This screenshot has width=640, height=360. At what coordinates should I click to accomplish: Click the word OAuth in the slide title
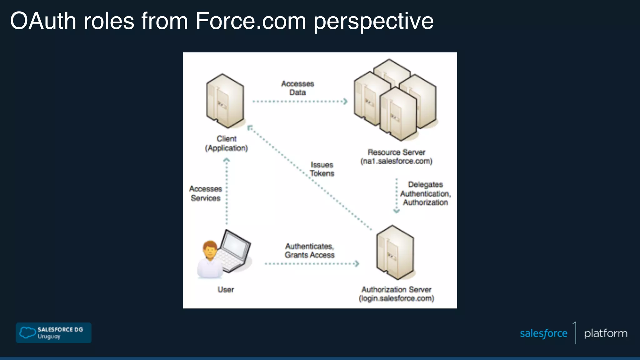[43, 21]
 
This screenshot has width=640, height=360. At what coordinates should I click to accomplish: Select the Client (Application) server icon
[225, 101]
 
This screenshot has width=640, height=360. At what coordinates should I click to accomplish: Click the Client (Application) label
[227, 143]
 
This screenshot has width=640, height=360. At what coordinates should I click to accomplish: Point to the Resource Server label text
[396, 152]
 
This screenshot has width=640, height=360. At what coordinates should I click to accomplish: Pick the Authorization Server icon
[395, 252]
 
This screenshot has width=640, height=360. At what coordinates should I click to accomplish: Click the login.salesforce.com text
[396, 298]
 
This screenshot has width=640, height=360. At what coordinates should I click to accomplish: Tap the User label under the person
[226, 290]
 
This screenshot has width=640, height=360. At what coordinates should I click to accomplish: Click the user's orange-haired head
[210, 249]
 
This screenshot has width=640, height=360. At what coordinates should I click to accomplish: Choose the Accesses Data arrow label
[297, 88]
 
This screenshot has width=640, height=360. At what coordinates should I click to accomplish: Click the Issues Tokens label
[322, 169]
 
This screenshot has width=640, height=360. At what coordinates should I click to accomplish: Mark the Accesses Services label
[206, 193]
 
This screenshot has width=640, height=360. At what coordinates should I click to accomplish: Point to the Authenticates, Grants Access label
[309, 251]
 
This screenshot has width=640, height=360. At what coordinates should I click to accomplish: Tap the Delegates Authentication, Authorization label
[425, 193]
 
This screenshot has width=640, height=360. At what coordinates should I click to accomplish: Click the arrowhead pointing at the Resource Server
[345, 102]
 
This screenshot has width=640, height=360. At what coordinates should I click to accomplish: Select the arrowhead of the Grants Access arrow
[357, 264]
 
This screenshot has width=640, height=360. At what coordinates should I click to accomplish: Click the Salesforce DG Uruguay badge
[53, 333]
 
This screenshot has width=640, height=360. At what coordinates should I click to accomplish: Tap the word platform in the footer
[606, 333]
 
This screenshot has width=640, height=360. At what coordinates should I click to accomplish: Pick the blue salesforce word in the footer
[543, 333]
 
